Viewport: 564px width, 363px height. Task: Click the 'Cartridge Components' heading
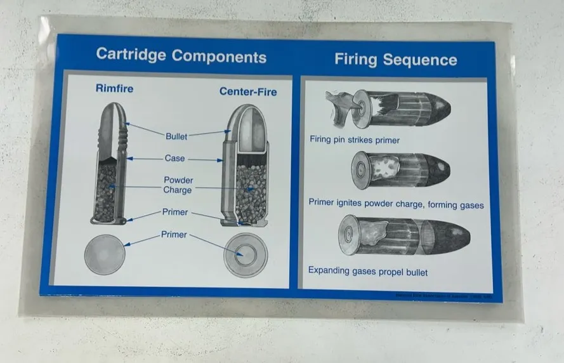click(x=181, y=56)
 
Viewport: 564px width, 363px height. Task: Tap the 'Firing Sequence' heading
click(x=395, y=60)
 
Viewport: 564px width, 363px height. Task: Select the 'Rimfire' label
click(x=114, y=89)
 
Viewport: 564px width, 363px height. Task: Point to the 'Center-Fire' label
click(x=248, y=91)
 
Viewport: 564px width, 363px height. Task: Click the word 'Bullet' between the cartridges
click(x=176, y=136)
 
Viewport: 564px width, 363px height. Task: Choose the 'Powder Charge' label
click(x=178, y=185)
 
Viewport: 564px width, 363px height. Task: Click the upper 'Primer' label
click(x=175, y=213)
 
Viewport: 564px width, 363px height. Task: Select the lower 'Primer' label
click(x=174, y=235)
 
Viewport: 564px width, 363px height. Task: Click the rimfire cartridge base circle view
click(x=105, y=254)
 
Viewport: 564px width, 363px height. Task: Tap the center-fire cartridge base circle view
click(x=246, y=255)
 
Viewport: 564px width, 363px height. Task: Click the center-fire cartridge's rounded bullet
click(x=246, y=127)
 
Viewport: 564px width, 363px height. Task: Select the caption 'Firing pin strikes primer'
click(x=355, y=140)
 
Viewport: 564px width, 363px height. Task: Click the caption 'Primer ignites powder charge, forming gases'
click(x=396, y=204)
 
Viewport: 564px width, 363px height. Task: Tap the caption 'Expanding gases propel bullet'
click(x=368, y=272)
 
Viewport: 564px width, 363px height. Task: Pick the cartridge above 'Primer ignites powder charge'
click(x=400, y=170)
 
